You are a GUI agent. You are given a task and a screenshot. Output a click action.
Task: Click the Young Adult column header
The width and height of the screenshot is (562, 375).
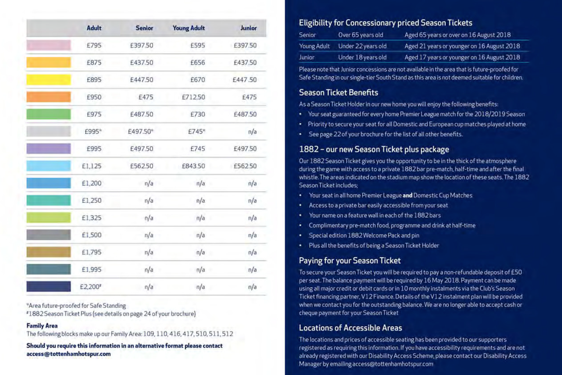[x=189, y=28]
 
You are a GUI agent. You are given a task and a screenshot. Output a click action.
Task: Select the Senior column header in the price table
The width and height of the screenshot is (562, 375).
[x=144, y=28]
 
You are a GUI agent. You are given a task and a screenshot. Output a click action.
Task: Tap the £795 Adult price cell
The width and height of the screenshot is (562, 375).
[x=94, y=45]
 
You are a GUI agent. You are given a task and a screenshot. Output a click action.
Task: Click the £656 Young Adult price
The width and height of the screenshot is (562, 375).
[x=198, y=62]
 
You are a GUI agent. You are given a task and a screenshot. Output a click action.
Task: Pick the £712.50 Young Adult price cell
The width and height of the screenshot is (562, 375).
[x=193, y=97]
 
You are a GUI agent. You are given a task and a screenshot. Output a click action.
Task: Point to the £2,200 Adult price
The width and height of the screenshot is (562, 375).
[x=91, y=287]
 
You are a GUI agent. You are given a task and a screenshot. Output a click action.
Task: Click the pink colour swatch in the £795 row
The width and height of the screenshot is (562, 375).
[x=49, y=45]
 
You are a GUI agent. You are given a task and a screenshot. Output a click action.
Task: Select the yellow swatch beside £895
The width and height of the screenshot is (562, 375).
[x=49, y=80]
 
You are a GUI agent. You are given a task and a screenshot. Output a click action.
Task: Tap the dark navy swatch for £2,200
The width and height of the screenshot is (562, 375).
[x=49, y=286]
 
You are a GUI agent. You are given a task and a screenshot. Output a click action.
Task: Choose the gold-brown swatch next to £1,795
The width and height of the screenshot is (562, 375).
[x=49, y=252]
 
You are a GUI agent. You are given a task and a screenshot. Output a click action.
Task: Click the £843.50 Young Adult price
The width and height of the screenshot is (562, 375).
[x=193, y=166]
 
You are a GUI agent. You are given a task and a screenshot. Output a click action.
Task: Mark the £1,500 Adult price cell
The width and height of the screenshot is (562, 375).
[x=91, y=235]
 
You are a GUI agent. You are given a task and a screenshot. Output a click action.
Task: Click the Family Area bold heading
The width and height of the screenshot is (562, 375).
[x=42, y=326]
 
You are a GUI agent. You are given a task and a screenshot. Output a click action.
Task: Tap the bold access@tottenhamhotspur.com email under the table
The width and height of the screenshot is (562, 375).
[x=68, y=354]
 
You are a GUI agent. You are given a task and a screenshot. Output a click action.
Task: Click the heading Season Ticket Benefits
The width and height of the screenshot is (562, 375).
[x=338, y=93]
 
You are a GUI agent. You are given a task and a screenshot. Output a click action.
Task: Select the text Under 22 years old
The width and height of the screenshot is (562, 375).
[x=362, y=46]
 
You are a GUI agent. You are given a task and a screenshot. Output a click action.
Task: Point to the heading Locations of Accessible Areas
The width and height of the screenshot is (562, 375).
[x=350, y=328]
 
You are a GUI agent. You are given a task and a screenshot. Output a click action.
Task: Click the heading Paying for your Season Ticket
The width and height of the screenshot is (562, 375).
[x=350, y=261]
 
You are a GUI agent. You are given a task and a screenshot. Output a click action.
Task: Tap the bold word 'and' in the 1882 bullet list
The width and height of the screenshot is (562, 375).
[x=407, y=196]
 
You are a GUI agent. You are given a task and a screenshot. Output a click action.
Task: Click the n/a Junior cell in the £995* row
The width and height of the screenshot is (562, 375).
[x=252, y=132]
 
